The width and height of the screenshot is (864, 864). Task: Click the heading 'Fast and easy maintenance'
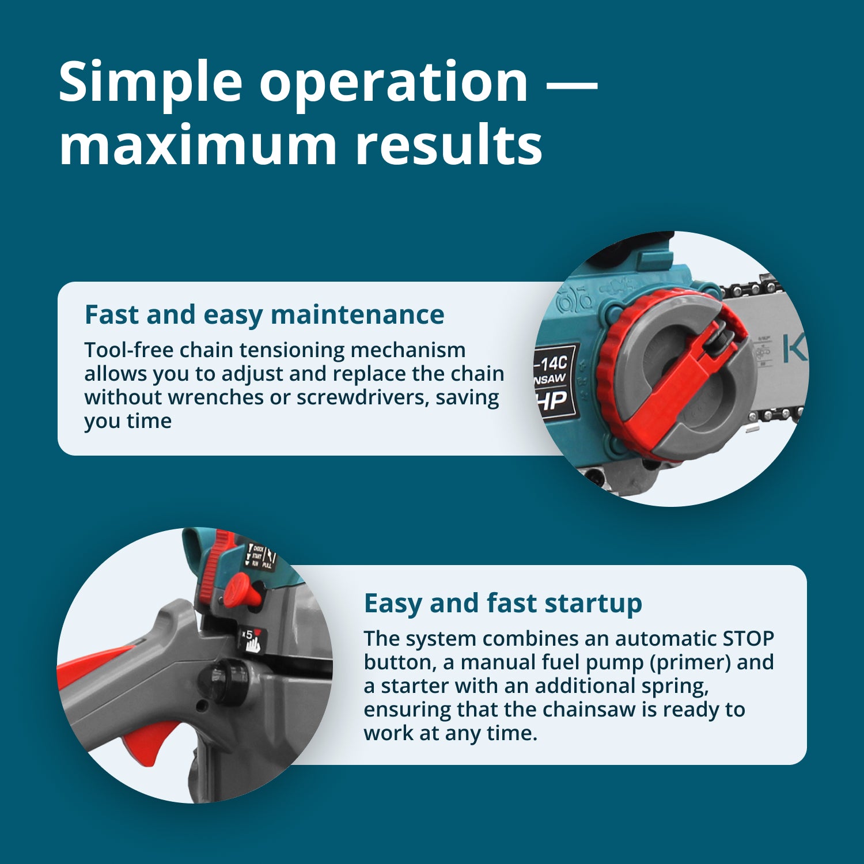[x=264, y=315]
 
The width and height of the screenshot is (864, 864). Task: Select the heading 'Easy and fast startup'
[x=503, y=604]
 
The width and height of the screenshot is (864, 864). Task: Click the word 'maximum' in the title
[x=198, y=145]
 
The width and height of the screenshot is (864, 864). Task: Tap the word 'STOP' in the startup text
[x=748, y=639]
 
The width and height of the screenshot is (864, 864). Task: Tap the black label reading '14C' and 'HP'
[x=554, y=381]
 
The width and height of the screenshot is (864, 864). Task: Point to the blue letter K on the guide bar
[x=795, y=349]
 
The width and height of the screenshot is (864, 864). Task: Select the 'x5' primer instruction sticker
[x=252, y=641]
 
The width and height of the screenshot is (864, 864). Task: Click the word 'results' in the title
[x=449, y=145]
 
